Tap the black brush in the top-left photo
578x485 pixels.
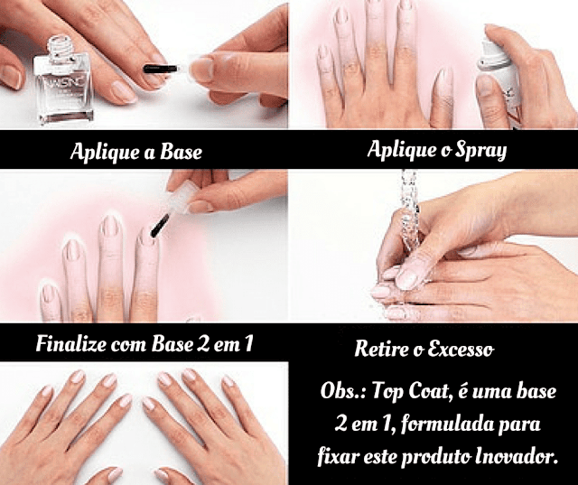click(160, 69)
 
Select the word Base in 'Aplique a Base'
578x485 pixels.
click(181, 152)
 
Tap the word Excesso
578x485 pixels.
click(461, 349)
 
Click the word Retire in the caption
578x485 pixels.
click(380, 349)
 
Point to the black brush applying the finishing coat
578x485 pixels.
click(160, 226)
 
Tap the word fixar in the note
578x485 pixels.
click(338, 457)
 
